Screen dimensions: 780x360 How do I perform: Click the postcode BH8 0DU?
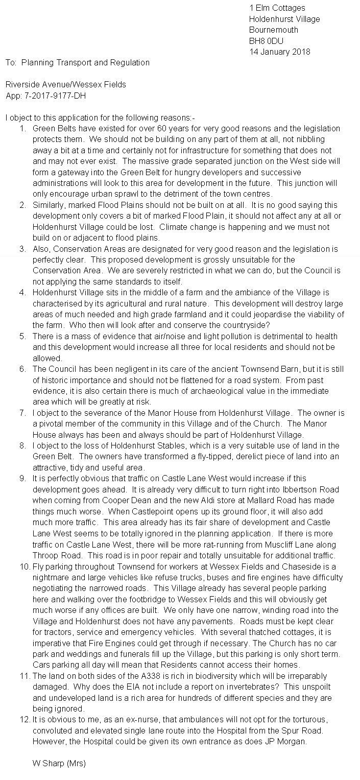[266, 41]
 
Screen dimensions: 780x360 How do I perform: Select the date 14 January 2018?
[279, 52]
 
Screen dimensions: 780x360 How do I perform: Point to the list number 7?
[23, 413]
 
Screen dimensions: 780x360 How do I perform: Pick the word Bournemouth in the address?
[274, 30]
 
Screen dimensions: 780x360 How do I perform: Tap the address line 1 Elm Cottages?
[277, 8]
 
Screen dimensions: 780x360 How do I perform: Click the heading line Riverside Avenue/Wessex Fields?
[66, 84]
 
